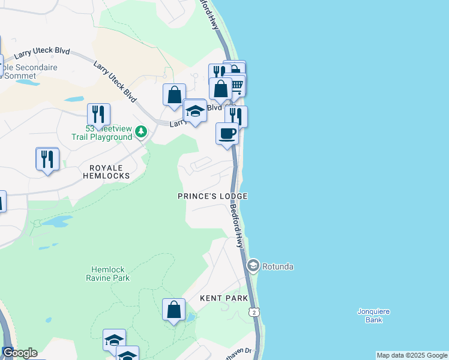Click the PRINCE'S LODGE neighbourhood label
coord(212,196)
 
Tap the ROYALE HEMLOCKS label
coord(109,172)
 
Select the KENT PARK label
coord(221,298)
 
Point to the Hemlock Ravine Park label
coord(110,274)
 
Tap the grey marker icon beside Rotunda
coord(253,265)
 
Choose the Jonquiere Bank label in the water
coord(374,316)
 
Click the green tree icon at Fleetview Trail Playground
coord(140,131)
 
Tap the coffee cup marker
coord(227,133)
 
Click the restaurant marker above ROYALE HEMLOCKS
coord(47,158)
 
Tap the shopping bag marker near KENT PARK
coord(173,310)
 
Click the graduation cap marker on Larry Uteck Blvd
coord(194,112)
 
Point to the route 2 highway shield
coord(255,312)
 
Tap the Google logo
coord(19,353)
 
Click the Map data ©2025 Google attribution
coord(412,355)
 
